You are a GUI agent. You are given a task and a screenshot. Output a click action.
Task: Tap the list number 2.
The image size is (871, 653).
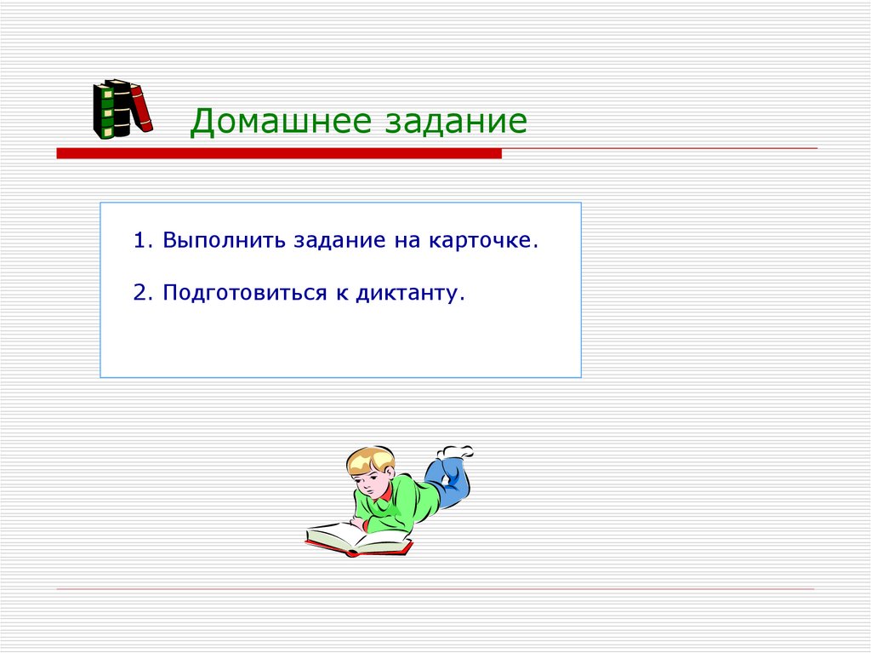(140, 293)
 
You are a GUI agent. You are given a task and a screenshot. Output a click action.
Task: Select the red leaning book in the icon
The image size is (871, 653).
(141, 107)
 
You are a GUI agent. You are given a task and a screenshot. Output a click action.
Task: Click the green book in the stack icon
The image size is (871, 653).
(105, 111)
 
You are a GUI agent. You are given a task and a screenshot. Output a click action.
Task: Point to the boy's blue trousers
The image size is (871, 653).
(447, 482)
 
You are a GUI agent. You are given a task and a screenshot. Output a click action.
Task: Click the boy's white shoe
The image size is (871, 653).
(456, 451)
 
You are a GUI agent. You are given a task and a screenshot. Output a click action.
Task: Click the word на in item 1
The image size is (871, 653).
(402, 241)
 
